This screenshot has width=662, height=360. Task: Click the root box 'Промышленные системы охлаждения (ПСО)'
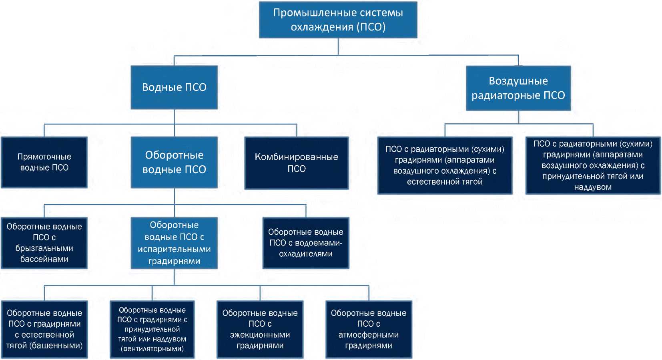[x=338, y=20]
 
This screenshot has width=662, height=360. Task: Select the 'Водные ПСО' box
[x=174, y=87]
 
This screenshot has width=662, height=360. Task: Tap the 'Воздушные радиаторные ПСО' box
[x=518, y=88]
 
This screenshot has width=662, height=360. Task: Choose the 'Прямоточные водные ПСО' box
[x=44, y=162]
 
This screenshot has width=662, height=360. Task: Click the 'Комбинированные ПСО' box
[x=297, y=163]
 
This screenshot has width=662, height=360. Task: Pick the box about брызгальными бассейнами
[x=44, y=243]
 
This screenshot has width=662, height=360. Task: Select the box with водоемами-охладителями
[x=306, y=243]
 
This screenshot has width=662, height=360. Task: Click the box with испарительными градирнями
[x=174, y=243]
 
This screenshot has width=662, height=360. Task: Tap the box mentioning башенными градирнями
[x=44, y=329]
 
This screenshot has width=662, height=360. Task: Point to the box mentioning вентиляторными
[x=152, y=329]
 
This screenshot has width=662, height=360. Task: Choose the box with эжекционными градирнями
[x=260, y=329]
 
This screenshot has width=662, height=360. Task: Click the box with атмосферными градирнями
[x=369, y=329]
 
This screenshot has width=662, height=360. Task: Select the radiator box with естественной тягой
[x=445, y=165]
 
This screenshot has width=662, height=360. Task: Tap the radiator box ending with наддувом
[x=593, y=165]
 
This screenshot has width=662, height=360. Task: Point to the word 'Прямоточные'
[x=44, y=157]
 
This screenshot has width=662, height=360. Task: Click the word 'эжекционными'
[x=260, y=335]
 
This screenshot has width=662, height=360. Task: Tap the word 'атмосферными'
[x=369, y=335]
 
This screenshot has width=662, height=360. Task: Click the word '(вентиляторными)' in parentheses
[x=152, y=349]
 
